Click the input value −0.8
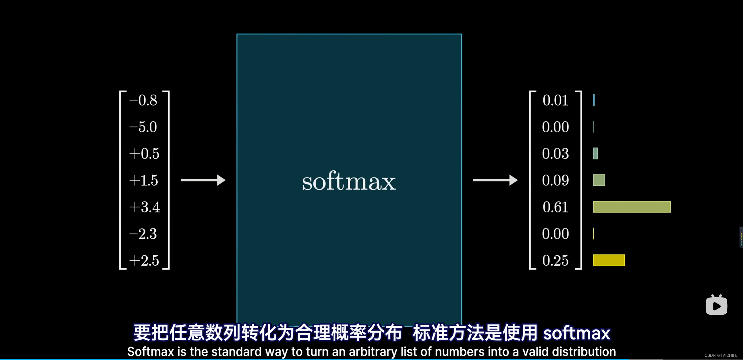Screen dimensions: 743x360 (143, 100)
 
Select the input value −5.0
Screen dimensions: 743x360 (143, 127)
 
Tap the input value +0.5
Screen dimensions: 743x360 (144, 154)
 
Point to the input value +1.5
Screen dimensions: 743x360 (144, 180)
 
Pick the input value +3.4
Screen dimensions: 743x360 (145, 207)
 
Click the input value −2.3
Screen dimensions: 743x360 (143, 234)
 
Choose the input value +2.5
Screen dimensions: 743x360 (144, 260)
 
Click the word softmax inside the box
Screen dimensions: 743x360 (349, 181)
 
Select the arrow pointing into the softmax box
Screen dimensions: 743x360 (203, 180)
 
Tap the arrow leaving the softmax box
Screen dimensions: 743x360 (495, 180)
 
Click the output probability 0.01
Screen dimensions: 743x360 (555, 100)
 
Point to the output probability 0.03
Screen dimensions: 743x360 (555, 154)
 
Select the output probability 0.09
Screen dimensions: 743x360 (555, 180)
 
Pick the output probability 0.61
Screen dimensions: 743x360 (555, 207)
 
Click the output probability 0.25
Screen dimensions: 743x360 (555, 260)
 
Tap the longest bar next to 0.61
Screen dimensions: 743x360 (632, 207)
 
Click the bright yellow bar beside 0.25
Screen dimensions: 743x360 (609, 260)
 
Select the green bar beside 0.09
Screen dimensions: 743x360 (599, 180)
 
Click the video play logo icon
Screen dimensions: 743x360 (716, 305)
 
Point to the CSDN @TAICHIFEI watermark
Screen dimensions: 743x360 (721, 355)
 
